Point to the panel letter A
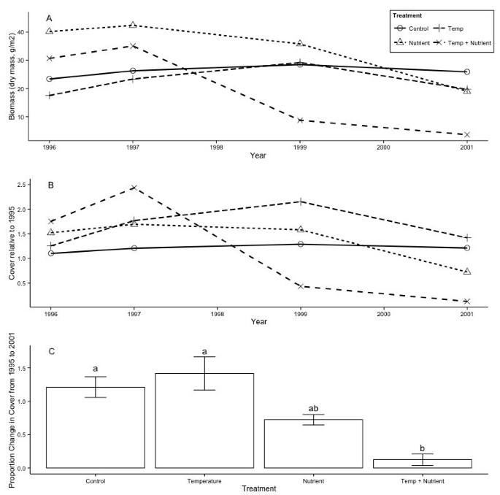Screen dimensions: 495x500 click(49, 18)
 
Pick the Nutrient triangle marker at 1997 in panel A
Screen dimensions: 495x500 click(133, 25)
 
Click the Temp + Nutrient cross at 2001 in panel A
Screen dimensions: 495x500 click(466, 134)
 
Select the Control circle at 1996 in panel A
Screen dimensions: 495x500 click(50, 79)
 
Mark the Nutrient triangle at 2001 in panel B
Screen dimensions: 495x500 click(466, 271)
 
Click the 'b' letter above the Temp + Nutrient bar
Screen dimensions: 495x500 click(423, 448)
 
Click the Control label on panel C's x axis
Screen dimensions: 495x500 click(95, 481)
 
